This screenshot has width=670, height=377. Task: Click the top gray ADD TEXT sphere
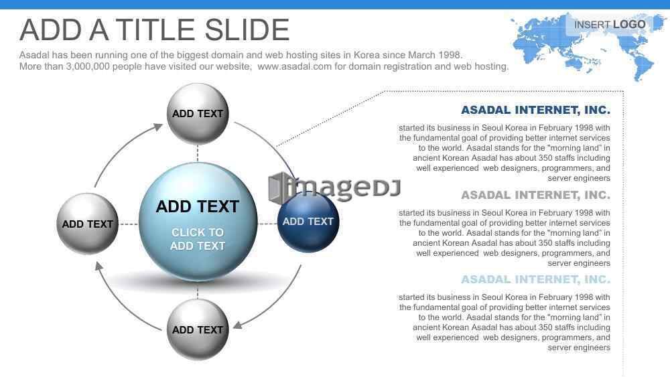[x=198, y=114]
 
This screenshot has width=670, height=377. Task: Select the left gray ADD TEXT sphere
[x=88, y=223]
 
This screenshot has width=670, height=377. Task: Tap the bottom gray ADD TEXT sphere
[x=198, y=329]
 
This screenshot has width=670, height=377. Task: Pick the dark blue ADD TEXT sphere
[x=308, y=222]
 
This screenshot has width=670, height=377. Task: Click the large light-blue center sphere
[x=198, y=222]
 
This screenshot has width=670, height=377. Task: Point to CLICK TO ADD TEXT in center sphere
[x=198, y=239]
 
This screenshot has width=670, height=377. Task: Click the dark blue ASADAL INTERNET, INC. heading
[x=535, y=110]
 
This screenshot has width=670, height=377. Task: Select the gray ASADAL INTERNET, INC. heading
[x=535, y=195]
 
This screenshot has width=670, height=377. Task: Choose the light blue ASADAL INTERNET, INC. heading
[x=535, y=279]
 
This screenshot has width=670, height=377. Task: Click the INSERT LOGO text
[x=610, y=25]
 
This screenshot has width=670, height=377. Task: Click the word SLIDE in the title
[x=247, y=30]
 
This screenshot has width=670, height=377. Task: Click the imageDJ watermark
[x=334, y=188]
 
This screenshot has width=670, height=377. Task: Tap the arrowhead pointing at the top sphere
[x=158, y=127]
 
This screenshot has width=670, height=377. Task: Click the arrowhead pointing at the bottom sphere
[x=238, y=325]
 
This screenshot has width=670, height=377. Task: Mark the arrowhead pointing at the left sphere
[x=98, y=267]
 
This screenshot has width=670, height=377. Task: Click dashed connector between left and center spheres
[x=129, y=224]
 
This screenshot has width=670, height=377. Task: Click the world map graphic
[x=588, y=46]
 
